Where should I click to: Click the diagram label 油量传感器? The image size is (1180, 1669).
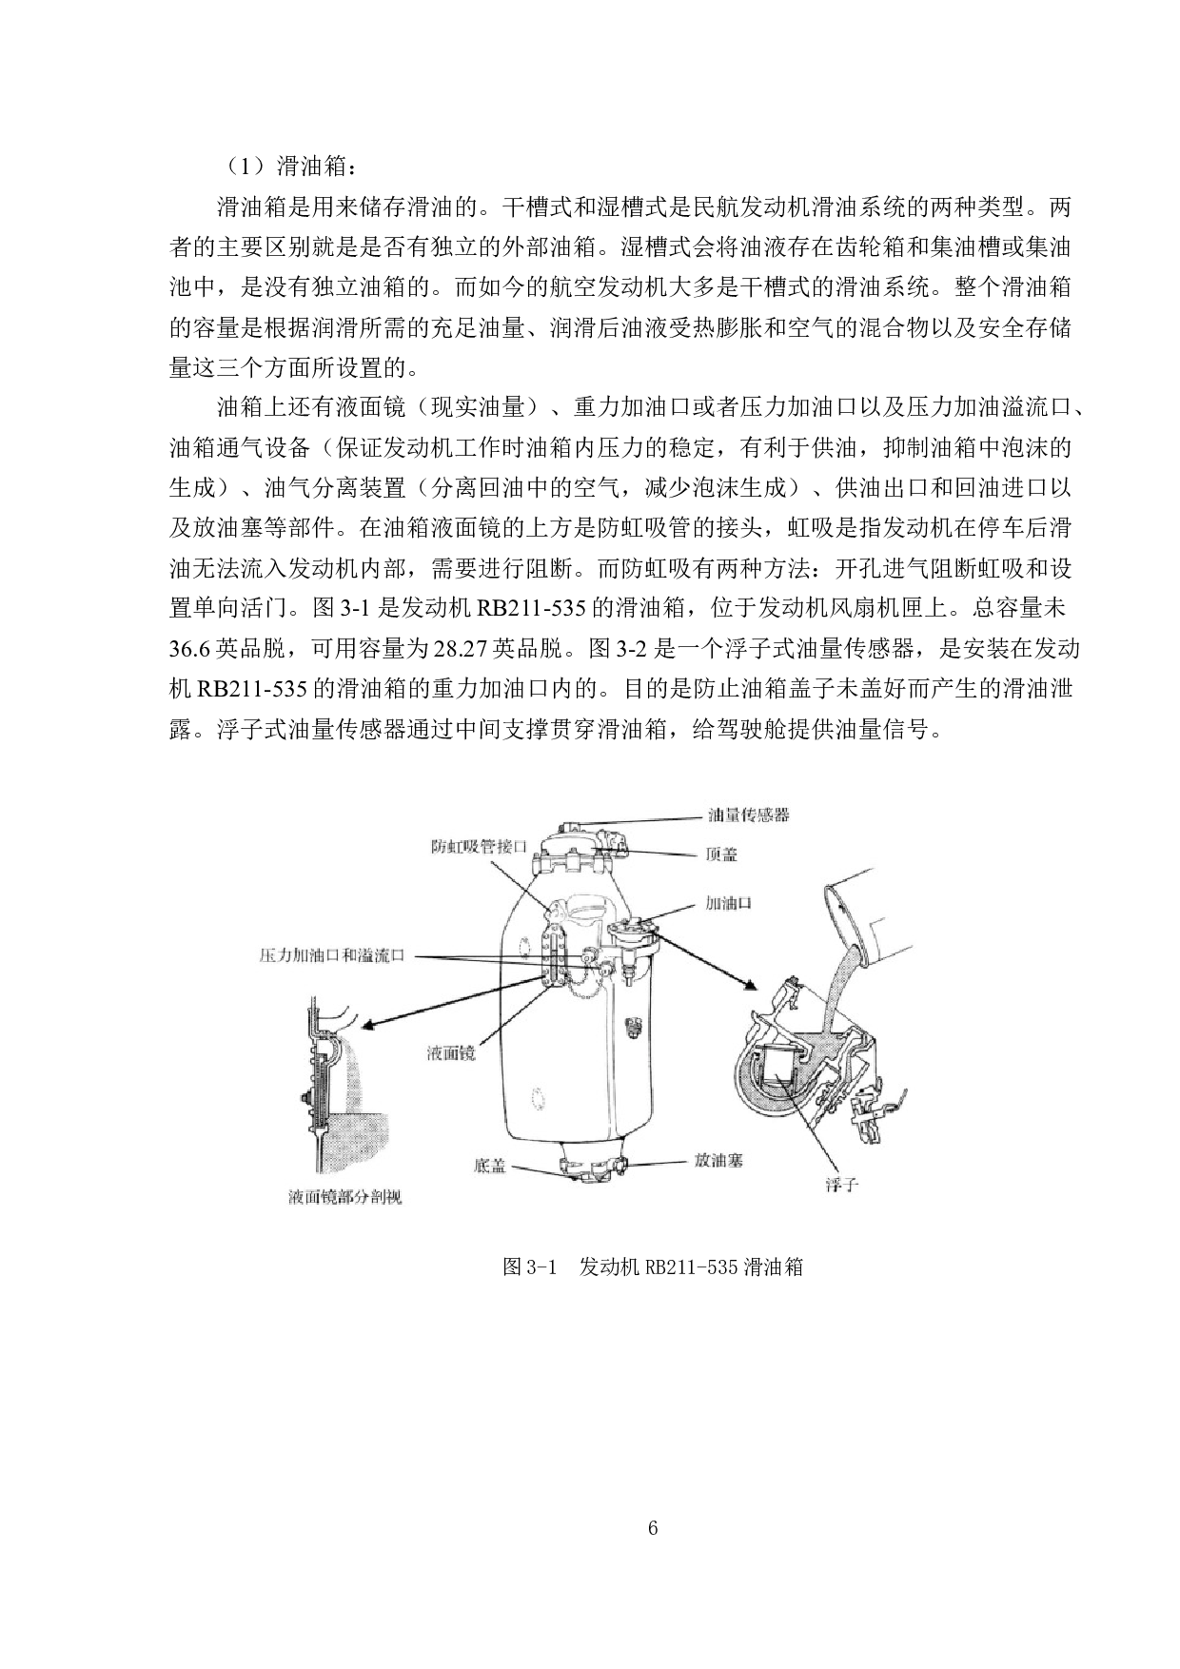pos(748,815)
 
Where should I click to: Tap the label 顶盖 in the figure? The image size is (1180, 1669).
pos(721,854)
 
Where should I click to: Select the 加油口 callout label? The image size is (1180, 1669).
pos(728,902)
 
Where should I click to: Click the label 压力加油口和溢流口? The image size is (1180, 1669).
pos(332,954)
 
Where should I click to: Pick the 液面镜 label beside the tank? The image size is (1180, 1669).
pos(451,1053)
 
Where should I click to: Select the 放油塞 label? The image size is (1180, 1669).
pos(718,1161)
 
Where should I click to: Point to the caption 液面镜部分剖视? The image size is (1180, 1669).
pos(344,1197)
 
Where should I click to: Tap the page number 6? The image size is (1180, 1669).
pos(652,1528)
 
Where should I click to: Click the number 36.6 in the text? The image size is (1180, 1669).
pos(189,649)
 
